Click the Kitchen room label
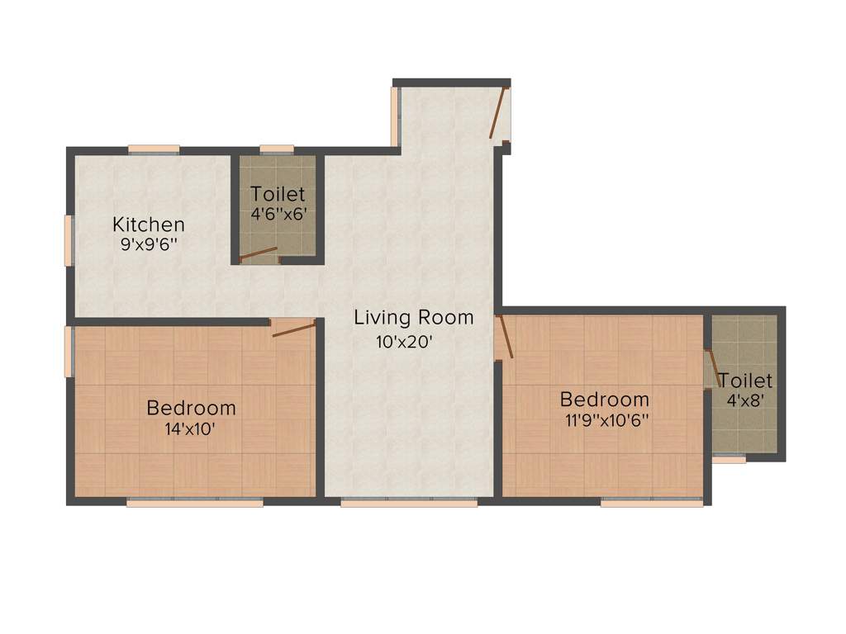pyautogui.click(x=149, y=224)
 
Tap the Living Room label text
pyautogui.click(x=414, y=317)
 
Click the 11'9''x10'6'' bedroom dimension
pyautogui.click(x=604, y=419)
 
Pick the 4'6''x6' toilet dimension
pyautogui.click(x=278, y=213)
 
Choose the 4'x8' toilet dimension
pyautogui.click(x=744, y=400)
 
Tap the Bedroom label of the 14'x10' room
pyautogui.click(x=191, y=408)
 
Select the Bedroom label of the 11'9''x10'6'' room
pyautogui.click(x=604, y=400)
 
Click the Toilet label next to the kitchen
pyautogui.click(x=278, y=195)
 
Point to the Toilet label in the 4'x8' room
pyautogui.click(x=745, y=381)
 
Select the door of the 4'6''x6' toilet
pyautogui.click(x=259, y=254)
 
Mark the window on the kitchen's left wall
pyautogui.click(x=70, y=241)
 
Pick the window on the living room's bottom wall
pyautogui.click(x=409, y=501)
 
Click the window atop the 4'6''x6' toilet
pyautogui.click(x=277, y=149)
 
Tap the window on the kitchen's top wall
pyautogui.click(x=154, y=149)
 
